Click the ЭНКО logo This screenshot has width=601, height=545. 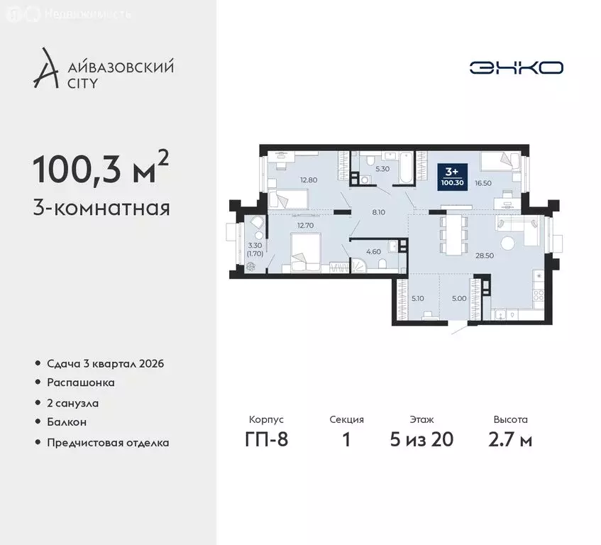(516, 68)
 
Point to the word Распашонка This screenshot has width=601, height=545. (81, 382)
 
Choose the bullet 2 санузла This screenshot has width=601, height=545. (73, 402)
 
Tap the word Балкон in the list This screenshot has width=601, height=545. (67, 422)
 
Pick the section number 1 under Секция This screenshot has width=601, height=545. (347, 439)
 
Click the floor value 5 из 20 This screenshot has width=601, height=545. (421, 439)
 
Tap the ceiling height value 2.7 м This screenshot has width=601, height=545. (511, 439)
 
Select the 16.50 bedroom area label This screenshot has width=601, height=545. (483, 183)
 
